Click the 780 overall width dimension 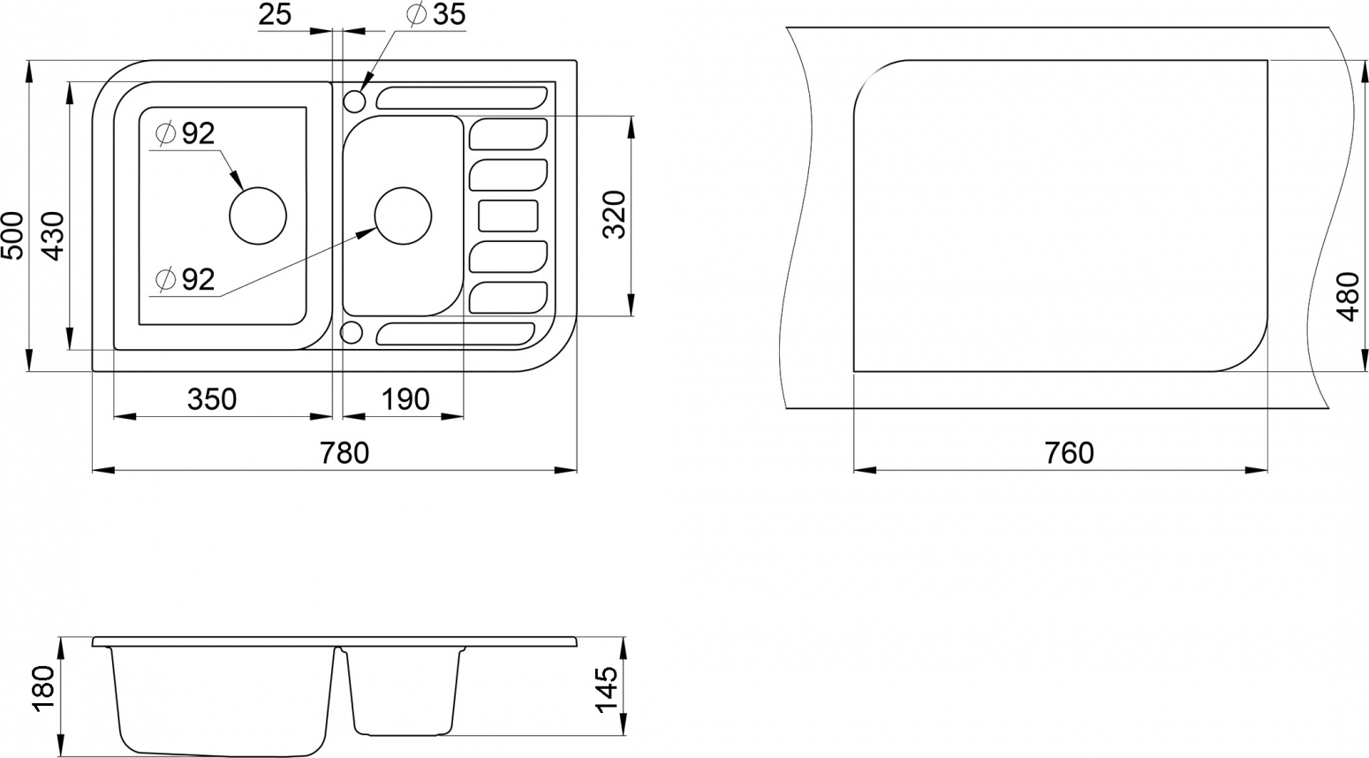(x=344, y=453)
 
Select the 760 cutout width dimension (x=1069, y=453)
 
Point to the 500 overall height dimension (x=12, y=235)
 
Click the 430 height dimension (x=54, y=236)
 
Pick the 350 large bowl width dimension (x=211, y=400)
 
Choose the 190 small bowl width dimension (x=405, y=400)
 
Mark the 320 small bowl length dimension (x=614, y=215)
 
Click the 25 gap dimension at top (x=275, y=15)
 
